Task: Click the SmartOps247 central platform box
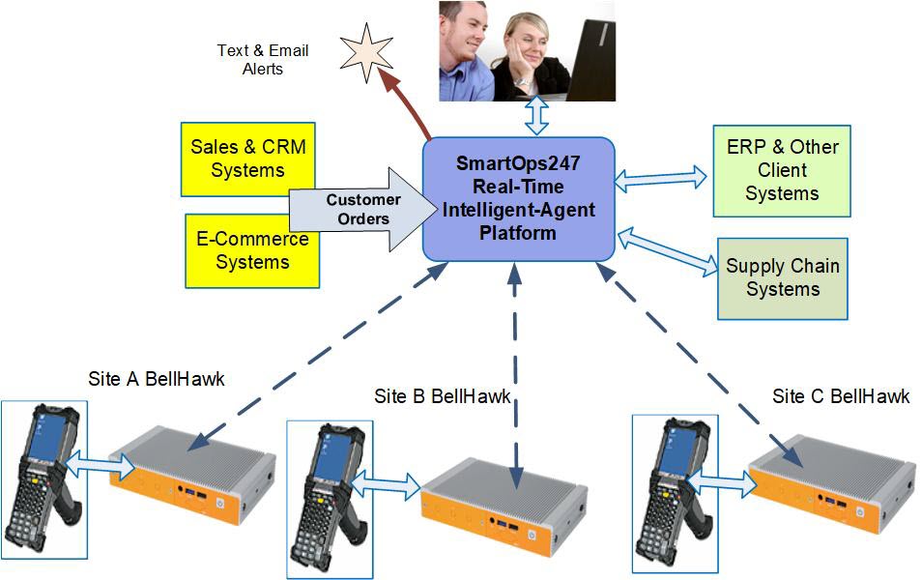click(519, 198)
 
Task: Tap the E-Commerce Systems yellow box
click(252, 250)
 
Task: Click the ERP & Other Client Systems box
click(782, 170)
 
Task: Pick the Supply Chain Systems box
click(783, 278)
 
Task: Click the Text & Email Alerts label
click(262, 60)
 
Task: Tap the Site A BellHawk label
click(156, 379)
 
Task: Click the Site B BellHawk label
click(443, 396)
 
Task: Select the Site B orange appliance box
click(500, 492)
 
